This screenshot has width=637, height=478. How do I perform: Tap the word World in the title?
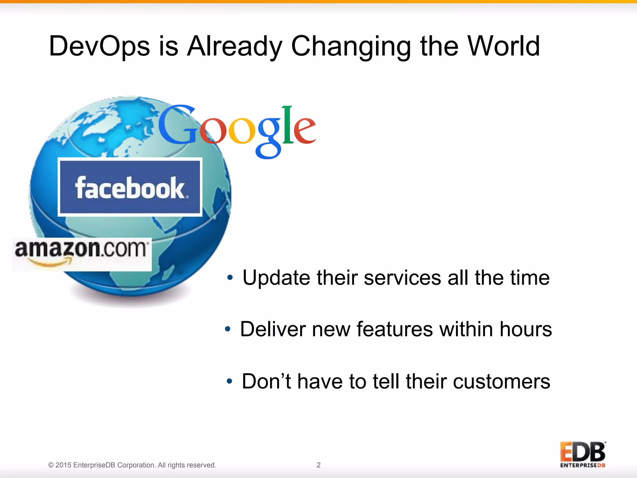click(504, 46)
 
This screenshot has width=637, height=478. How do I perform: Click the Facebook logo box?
click(130, 187)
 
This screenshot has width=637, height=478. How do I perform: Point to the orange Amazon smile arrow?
click(50, 264)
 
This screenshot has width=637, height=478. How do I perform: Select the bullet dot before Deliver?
click(228, 329)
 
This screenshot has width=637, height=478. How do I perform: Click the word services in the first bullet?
click(402, 278)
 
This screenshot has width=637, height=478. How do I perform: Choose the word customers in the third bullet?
click(501, 382)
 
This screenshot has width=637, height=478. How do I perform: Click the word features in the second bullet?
click(394, 329)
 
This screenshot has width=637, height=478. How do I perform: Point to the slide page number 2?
click(318, 465)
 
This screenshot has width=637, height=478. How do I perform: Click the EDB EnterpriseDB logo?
click(583, 455)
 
